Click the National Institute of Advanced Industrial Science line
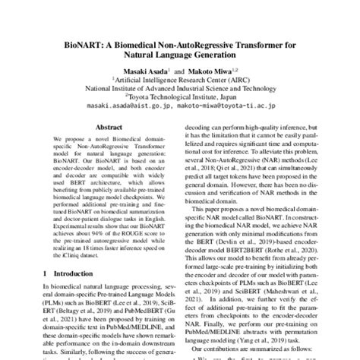coord(179,87)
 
